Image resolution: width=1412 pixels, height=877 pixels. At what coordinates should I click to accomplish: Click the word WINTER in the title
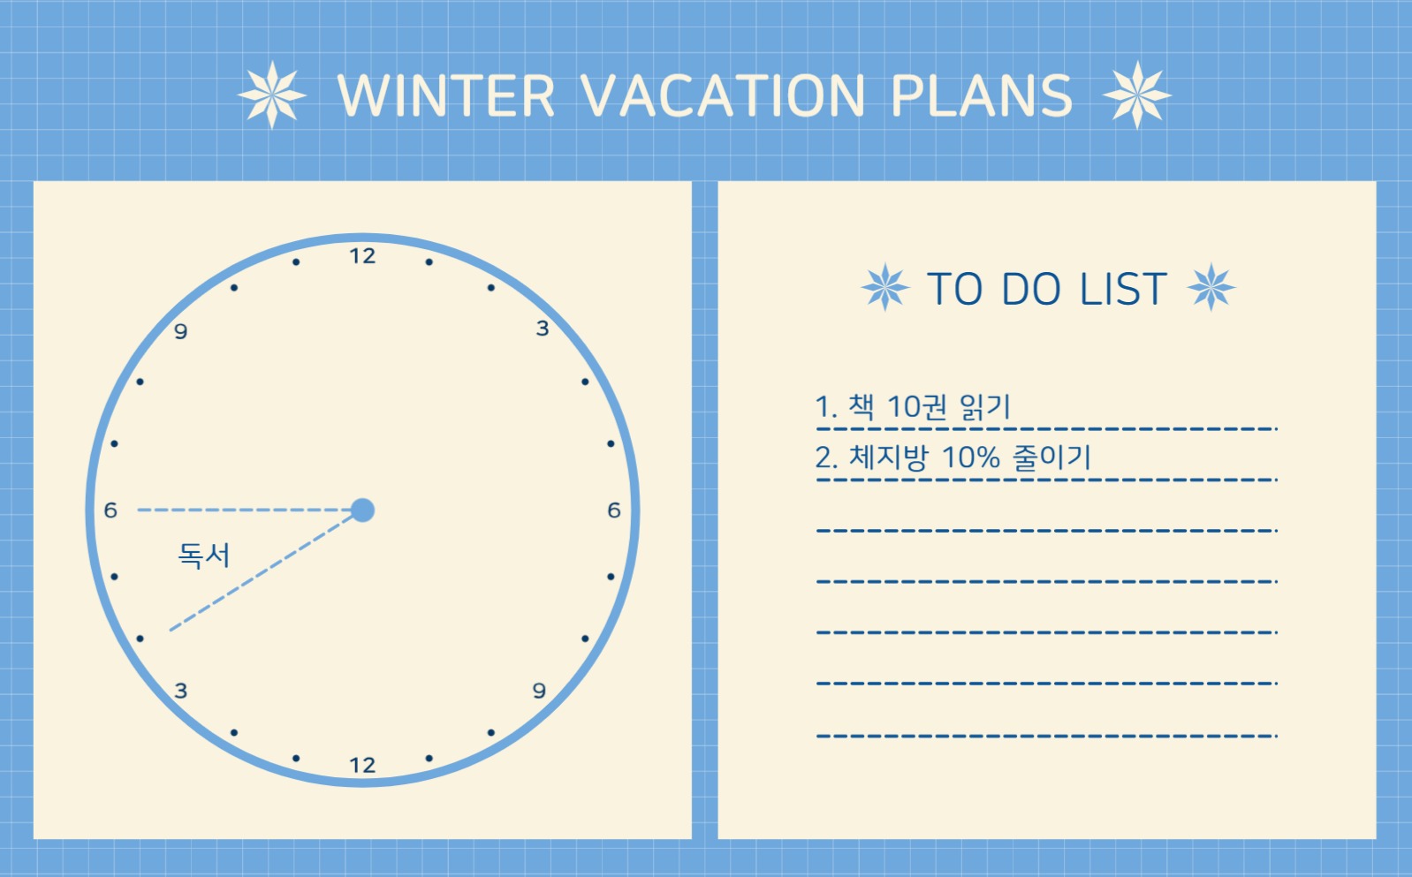445,95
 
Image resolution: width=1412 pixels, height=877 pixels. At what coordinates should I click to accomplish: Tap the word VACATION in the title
721,95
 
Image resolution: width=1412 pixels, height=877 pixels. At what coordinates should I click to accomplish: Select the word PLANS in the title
982,95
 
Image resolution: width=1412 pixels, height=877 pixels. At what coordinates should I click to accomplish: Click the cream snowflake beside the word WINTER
271,95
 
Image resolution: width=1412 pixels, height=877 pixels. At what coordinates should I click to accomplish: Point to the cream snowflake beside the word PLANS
1136,95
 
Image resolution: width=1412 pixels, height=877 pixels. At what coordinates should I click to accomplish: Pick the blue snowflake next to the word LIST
1211,287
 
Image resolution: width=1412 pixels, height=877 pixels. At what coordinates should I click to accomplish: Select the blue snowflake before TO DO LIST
885,287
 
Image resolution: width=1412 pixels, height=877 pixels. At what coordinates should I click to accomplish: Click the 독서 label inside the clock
204,555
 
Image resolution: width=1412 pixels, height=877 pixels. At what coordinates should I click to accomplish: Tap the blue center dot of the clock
362,510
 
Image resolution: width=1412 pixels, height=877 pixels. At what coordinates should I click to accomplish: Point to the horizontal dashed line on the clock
244,510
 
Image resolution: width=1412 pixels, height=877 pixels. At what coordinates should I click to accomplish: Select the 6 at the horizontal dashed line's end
110,510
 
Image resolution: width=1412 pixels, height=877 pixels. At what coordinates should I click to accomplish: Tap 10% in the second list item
971,457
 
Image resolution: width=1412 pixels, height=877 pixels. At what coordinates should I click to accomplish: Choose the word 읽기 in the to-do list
985,407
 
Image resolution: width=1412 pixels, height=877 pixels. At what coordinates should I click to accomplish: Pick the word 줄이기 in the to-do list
1051,457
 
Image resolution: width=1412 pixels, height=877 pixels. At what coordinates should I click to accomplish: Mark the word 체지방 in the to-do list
889,457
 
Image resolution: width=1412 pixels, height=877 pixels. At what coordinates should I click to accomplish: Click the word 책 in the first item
861,407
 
